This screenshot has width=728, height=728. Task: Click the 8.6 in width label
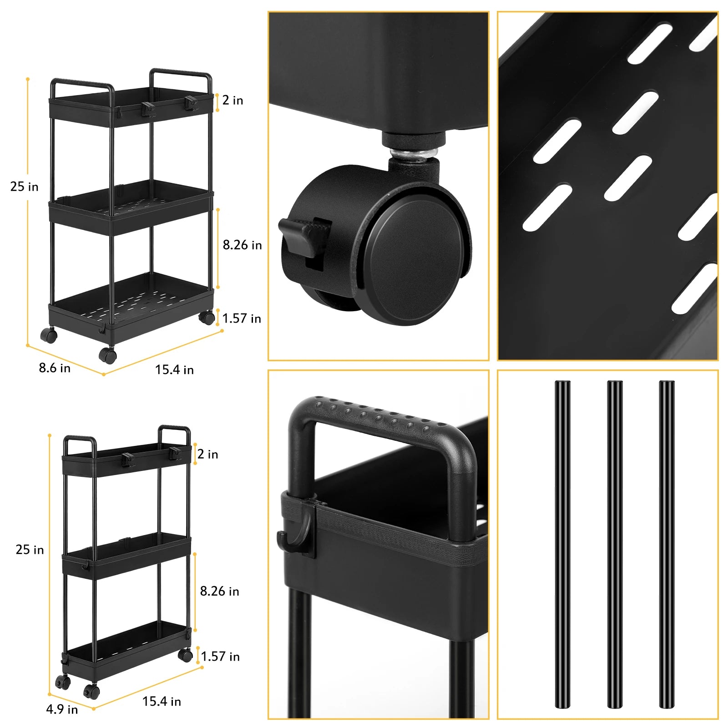[55, 368]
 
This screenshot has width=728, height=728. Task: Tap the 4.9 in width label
[62, 709]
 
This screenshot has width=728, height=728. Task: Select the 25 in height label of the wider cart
[24, 187]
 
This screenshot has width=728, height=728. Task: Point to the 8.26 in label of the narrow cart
[219, 591]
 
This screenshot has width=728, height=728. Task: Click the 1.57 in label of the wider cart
[242, 318]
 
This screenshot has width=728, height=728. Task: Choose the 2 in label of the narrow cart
[208, 454]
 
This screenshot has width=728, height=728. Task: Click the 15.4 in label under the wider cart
[174, 369]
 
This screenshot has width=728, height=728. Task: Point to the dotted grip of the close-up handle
[378, 414]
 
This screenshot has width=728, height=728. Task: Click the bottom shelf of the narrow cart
[125, 648]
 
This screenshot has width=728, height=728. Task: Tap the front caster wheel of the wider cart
[108, 355]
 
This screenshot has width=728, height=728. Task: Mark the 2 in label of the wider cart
[233, 100]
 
